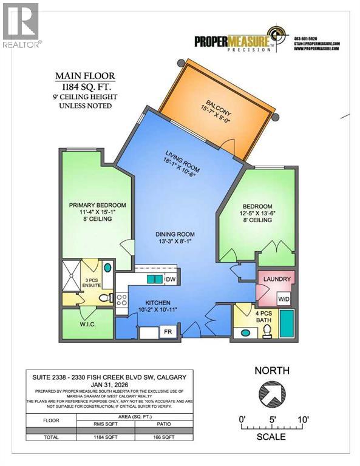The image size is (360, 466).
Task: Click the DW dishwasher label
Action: click(171, 279)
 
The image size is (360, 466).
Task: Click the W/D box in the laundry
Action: click(284, 298)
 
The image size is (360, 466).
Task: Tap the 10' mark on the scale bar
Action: click(303, 419)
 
